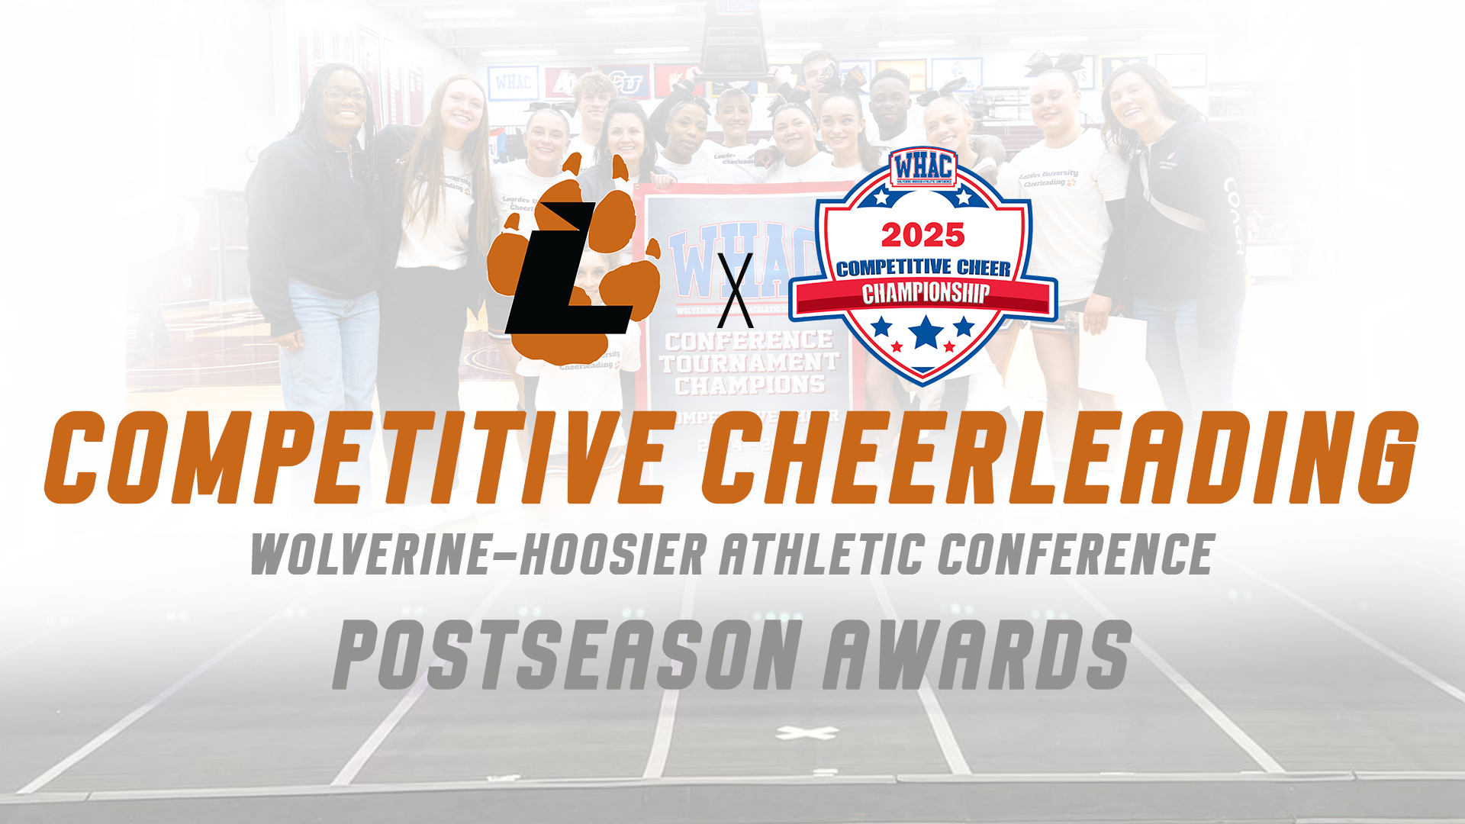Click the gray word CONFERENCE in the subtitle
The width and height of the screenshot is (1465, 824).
[1076, 555]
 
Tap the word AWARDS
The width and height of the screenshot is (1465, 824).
[977, 655]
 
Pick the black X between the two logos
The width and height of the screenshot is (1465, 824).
[736, 290]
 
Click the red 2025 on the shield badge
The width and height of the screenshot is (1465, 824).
[923, 235]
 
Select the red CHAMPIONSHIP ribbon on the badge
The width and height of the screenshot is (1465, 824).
[925, 295]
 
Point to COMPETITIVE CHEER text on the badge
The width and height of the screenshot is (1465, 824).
[923, 267]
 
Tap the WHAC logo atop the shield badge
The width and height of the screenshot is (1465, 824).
[923, 168]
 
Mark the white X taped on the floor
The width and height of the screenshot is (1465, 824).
[807, 733]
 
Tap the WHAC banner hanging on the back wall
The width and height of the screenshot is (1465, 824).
[513, 82]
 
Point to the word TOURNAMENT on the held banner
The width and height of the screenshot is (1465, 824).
[749, 362]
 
